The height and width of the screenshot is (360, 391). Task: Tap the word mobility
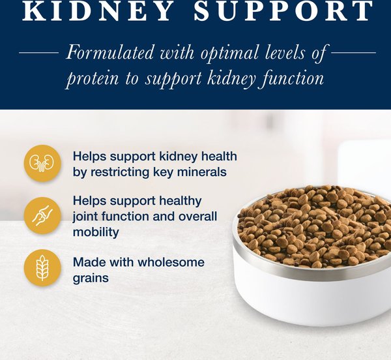click(96, 232)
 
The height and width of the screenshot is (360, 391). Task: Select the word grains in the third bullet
click(91, 278)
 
